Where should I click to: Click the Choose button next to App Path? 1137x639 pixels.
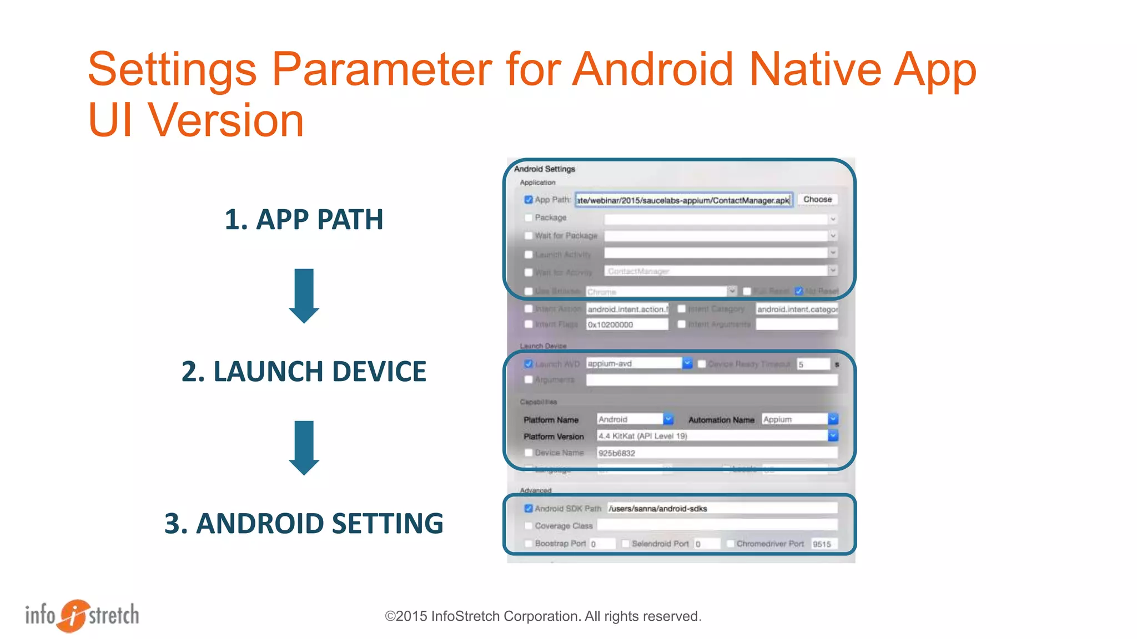pos(817,199)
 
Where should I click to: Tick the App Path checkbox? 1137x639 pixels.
pos(529,200)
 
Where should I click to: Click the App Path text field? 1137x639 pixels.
pos(683,200)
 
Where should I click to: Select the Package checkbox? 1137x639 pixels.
pos(529,218)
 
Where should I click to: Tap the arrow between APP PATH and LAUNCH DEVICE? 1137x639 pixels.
pos(304,296)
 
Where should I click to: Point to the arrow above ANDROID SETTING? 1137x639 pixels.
pos(304,448)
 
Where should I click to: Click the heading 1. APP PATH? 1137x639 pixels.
pos(304,220)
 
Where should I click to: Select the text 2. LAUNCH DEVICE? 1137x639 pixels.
pos(304,372)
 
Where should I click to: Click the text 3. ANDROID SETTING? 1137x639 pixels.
pos(304,524)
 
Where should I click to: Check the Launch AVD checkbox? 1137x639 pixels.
pos(529,364)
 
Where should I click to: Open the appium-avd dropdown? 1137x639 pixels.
pos(687,363)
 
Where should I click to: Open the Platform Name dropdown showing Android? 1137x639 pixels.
pos(668,419)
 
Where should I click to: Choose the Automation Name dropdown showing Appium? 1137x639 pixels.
pos(833,419)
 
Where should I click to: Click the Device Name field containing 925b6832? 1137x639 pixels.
pos(716,453)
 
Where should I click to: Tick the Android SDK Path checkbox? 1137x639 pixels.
pos(529,509)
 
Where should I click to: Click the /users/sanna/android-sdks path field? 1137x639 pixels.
pos(722,509)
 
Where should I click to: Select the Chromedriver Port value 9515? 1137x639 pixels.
pos(823,544)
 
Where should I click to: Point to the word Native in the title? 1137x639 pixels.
pos(815,70)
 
